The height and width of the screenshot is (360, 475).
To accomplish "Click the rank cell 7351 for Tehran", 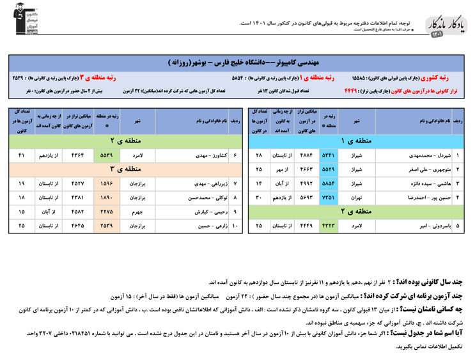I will point(328,198).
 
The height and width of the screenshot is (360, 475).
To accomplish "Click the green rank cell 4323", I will point(328,226).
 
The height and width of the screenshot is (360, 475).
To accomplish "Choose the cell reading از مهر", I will point(279,169).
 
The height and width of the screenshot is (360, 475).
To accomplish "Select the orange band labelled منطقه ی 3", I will point(121,169).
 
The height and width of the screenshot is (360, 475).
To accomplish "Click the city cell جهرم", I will point(137,212).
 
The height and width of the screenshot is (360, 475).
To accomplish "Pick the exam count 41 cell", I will point(22,155).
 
